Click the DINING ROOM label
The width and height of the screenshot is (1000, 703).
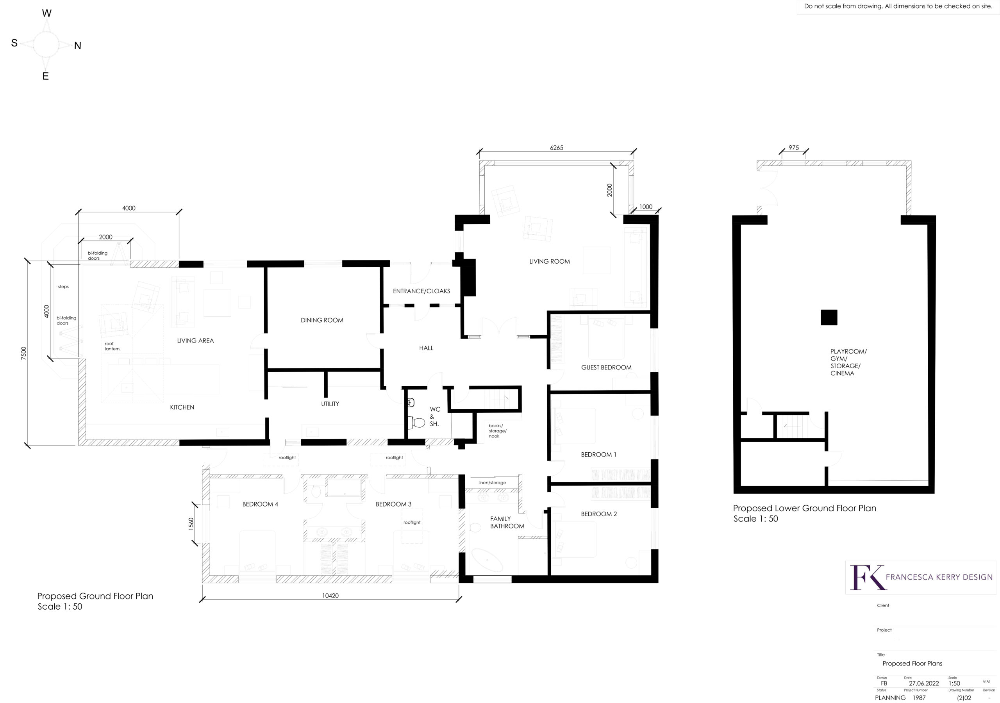coord(322,320)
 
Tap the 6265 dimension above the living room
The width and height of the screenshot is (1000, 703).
coord(556,148)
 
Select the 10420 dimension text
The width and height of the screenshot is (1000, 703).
coord(330,596)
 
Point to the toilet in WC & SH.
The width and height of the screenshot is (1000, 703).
coord(418,422)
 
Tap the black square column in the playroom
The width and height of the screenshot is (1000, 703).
coord(829,318)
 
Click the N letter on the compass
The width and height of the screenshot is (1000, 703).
coord(77,46)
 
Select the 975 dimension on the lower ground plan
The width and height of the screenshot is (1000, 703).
coord(793,148)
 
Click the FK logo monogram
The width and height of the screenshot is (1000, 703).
coord(867,577)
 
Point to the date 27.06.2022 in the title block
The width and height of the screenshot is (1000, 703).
coord(924,683)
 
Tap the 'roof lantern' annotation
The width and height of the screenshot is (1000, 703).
coord(112,346)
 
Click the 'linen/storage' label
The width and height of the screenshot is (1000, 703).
coord(492,483)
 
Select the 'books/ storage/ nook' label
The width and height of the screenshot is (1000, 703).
coord(497,431)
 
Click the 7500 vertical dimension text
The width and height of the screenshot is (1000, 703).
coord(24,353)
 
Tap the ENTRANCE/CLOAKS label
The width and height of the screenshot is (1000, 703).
coord(421,291)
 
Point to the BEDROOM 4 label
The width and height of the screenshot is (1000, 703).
coord(260,504)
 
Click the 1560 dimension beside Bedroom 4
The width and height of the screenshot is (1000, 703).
coord(191,524)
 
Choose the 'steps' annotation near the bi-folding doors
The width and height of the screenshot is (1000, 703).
coord(63,287)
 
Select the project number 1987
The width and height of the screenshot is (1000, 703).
coord(919,698)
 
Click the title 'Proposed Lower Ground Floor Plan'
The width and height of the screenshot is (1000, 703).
coord(804,508)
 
